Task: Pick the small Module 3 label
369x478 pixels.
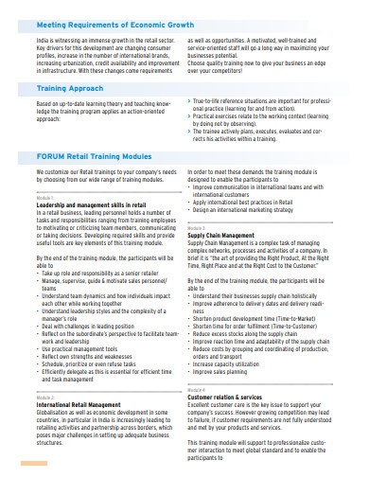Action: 196,229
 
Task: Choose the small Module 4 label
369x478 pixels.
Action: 196,390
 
